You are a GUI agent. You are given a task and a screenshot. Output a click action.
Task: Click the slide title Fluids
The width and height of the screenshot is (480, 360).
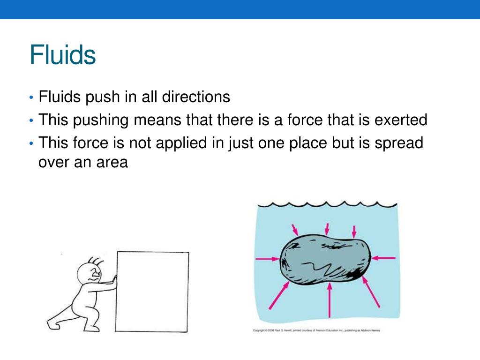(x=62, y=55)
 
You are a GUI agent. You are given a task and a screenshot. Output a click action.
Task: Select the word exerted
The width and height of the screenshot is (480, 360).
(x=401, y=120)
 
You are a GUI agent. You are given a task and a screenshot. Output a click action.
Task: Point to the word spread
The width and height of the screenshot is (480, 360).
(x=398, y=142)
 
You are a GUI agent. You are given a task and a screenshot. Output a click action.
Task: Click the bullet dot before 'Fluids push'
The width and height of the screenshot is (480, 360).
(x=31, y=98)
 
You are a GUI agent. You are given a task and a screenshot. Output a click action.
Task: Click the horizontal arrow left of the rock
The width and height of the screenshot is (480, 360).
(x=267, y=258)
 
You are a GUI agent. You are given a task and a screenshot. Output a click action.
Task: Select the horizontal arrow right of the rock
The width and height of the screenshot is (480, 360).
(x=384, y=257)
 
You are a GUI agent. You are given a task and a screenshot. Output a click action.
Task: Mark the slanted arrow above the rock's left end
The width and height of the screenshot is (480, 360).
(x=295, y=230)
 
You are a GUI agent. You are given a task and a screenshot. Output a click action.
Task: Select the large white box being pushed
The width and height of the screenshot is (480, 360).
(x=152, y=291)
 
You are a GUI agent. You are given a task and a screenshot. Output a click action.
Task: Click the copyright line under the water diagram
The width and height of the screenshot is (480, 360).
(x=316, y=330)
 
